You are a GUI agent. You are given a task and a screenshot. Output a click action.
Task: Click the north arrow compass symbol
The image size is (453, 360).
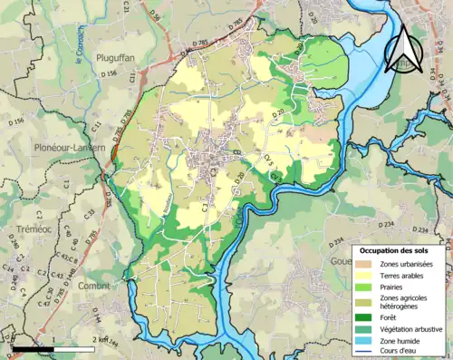tap(405, 49)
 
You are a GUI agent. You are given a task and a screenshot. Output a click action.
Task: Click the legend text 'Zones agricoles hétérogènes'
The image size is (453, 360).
tap(410, 302)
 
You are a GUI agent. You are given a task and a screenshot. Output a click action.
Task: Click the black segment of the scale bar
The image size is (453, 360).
tap(34, 348)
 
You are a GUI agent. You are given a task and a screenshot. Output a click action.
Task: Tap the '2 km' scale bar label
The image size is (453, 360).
tap(105, 340)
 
